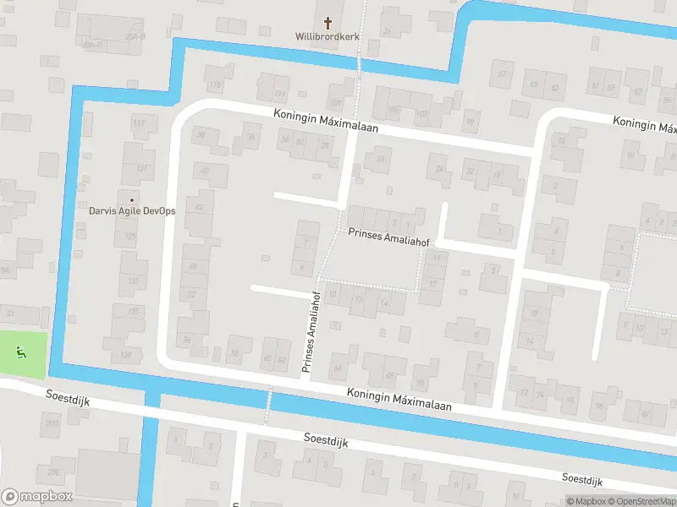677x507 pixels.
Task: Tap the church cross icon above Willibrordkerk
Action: (x=327, y=22)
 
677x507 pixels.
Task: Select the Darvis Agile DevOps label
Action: (x=132, y=210)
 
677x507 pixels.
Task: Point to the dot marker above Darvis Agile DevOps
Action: (x=131, y=200)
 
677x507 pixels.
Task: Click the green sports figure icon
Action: (x=21, y=352)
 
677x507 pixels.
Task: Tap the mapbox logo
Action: (x=37, y=497)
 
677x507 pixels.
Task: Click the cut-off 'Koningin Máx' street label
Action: (x=646, y=124)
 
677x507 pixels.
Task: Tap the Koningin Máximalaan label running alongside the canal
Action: (x=399, y=400)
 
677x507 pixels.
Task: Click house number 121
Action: (x=141, y=168)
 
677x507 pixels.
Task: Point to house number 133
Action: (x=133, y=280)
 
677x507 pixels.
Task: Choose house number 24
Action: (x=439, y=169)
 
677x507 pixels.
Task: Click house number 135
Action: (x=133, y=312)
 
